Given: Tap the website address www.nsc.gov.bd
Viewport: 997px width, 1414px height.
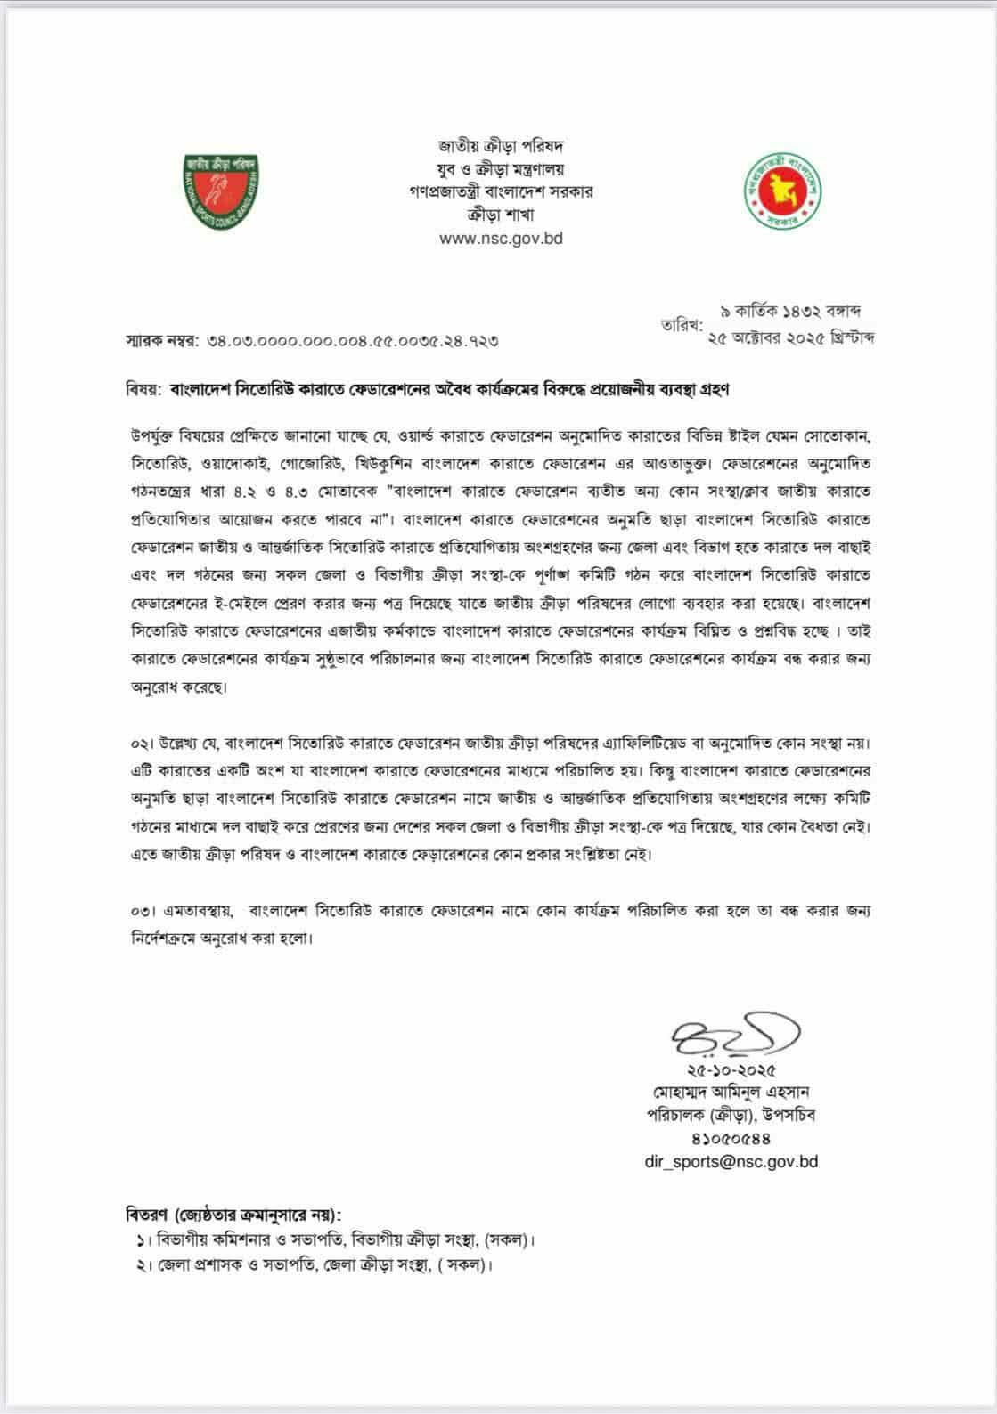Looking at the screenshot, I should pos(502,238).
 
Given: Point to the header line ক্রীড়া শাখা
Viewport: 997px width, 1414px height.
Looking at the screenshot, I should pos(502,215).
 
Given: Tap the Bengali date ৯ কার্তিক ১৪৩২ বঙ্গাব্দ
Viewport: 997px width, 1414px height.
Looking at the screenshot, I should pos(789,312).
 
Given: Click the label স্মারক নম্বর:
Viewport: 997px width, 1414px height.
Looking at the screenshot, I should pos(159,340).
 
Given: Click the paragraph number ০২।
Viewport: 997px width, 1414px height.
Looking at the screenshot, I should pos(143,743).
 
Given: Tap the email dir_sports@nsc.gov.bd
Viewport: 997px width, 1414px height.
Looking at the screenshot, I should pos(731,1161).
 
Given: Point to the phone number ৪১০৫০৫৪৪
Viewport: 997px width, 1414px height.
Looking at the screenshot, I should pos(731,1138).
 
